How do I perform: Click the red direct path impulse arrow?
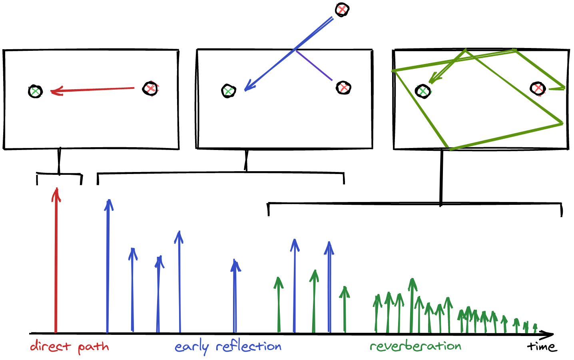point(56,260)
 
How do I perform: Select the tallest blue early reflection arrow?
point(108,264)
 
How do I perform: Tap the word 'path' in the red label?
point(93,347)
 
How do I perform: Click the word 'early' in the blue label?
point(191,347)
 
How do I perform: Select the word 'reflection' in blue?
point(248,346)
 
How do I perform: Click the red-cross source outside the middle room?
point(342,10)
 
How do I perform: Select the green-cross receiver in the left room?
point(36,92)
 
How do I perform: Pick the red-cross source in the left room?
point(150,88)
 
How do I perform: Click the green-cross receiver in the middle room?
point(228,91)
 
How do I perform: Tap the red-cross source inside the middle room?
point(343,88)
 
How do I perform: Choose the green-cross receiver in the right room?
point(423,92)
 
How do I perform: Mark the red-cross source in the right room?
point(538,88)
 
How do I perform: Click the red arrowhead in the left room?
point(56,92)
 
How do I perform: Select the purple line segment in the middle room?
point(314,65)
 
